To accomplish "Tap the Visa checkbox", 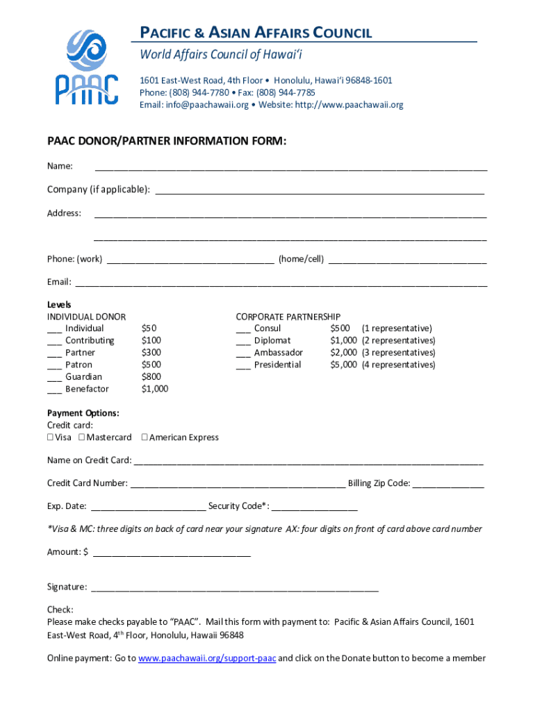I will [x=51, y=437].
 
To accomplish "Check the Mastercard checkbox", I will [x=82, y=437].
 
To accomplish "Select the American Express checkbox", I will [x=145, y=437].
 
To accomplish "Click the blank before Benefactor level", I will [x=54, y=390].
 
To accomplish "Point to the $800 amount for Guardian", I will [x=151, y=377].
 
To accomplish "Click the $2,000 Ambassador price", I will [x=343, y=353].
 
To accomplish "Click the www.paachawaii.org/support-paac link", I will [x=208, y=658].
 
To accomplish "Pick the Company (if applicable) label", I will [x=98, y=190].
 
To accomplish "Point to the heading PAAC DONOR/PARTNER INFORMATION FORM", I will [x=167, y=142].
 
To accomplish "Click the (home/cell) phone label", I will [x=301, y=259].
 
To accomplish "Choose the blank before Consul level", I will [x=243, y=329].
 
